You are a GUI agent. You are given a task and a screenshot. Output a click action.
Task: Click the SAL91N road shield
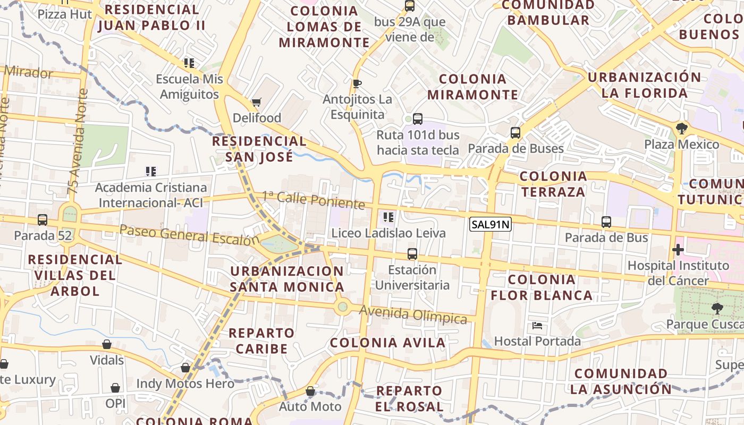pos(490,225)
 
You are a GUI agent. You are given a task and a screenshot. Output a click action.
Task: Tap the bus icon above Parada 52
pos(43,220)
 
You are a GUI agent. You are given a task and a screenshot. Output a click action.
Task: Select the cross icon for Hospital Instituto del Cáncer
pos(678,250)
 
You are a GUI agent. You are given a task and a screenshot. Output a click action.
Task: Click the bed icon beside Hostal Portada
pos(537,326)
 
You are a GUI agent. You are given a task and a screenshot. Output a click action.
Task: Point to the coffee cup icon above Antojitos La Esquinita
pos(357,84)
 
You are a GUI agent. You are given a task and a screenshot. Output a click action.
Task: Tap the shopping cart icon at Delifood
pos(257,102)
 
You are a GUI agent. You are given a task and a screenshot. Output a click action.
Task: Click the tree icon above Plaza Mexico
pos(681,129)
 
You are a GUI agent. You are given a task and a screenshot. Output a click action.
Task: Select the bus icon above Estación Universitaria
pos(412,254)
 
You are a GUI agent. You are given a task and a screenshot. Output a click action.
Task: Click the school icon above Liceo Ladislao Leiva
pos(388,217)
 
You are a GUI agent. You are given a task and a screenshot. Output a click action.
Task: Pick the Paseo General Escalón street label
pos(190,234)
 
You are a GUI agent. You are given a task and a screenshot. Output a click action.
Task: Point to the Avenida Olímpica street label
pos(413,314)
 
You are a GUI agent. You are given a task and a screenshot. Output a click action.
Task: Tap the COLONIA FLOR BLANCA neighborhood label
pos(542,287)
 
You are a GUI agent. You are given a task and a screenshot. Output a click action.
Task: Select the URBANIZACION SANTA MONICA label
pos(287,279)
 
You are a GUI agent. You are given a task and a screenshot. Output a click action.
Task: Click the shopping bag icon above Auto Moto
pos(310,392)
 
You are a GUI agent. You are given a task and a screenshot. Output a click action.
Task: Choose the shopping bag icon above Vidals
pos(107,344)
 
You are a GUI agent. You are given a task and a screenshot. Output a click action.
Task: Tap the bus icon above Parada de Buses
pos(515,133)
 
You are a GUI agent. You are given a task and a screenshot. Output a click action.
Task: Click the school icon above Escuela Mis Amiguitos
pos(189,63)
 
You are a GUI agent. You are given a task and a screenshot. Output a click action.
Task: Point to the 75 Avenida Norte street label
pos(78,141)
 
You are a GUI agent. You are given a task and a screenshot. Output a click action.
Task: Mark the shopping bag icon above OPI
pos(115,388)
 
